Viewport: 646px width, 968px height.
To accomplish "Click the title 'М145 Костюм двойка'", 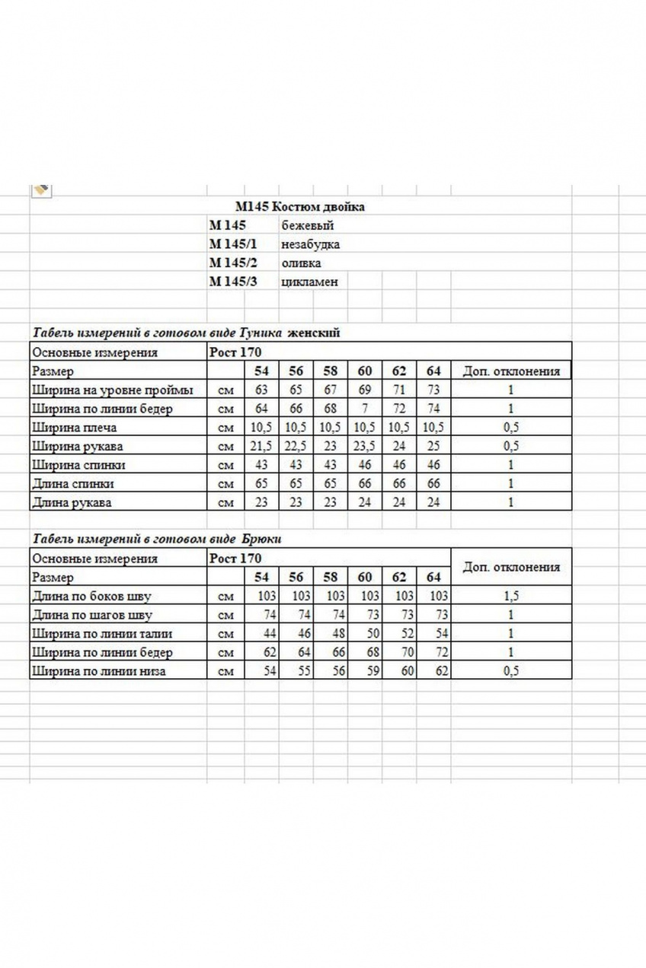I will click(299, 206).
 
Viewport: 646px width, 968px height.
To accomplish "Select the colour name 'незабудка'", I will click(310, 244).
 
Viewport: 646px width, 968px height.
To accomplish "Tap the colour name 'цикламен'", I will click(309, 282).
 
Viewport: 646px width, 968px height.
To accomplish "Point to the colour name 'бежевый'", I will click(307, 226).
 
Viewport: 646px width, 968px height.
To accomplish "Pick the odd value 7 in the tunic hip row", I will click(365, 409).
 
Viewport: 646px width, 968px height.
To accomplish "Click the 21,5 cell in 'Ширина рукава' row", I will click(261, 446).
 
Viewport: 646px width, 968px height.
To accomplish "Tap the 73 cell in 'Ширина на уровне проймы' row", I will click(433, 390).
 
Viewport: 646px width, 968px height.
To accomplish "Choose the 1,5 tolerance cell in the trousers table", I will click(510, 597).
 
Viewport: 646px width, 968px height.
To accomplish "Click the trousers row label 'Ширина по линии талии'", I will click(101, 634).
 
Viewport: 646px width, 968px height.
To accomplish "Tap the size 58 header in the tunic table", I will click(330, 371).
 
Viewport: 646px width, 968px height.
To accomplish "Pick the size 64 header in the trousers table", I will click(433, 578).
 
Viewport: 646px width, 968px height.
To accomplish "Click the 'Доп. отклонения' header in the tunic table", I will click(510, 371).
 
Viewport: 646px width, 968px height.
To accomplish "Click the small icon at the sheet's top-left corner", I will click(41, 189).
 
